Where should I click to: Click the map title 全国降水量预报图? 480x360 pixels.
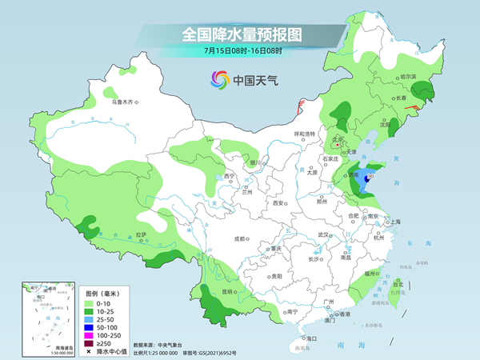(x=239, y=35)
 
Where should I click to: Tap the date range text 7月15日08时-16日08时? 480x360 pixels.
(x=239, y=51)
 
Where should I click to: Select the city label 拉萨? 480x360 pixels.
(x=141, y=235)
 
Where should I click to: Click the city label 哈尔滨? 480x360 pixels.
(x=408, y=76)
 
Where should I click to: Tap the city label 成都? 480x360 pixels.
(x=239, y=238)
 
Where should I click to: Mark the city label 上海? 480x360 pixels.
(x=394, y=222)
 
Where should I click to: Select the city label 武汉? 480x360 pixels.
(x=323, y=234)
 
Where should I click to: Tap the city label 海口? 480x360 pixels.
(x=311, y=339)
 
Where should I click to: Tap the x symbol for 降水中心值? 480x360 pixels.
(x=88, y=351)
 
